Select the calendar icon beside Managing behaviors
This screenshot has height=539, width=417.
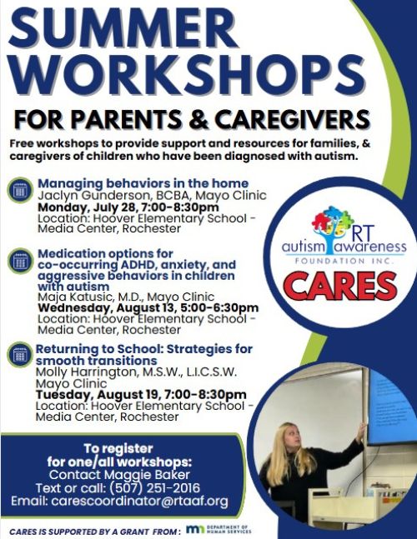[x=20, y=190]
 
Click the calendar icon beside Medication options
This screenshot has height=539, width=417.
[x=20, y=261]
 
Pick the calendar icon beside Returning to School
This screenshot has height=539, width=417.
[x=20, y=354]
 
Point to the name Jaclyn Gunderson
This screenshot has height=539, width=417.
[x=94, y=196]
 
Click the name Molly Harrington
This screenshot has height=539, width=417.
[x=86, y=372]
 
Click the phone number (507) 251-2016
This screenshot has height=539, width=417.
[x=154, y=488]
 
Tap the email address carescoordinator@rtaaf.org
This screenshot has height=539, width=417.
[x=139, y=502]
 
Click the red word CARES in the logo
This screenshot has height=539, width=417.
[x=340, y=286]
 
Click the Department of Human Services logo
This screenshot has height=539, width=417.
[x=219, y=529]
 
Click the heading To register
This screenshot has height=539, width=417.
[x=118, y=448]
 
